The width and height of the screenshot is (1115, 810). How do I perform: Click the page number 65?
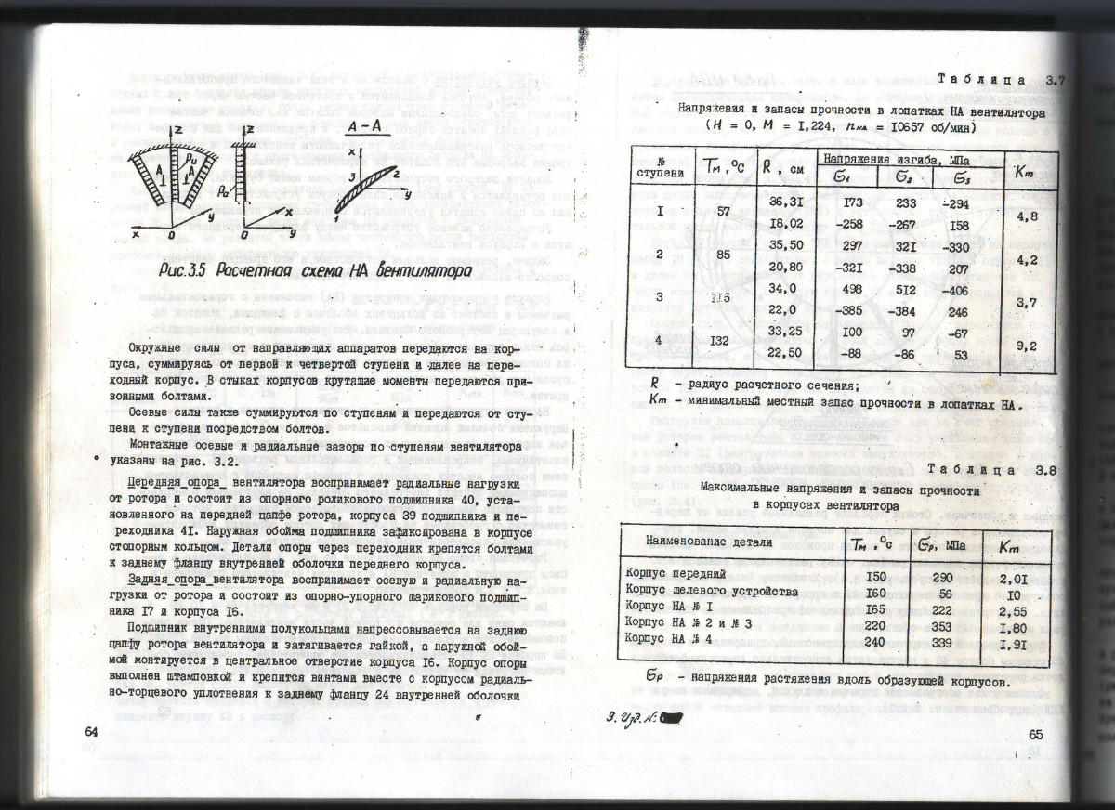(1038, 736)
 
